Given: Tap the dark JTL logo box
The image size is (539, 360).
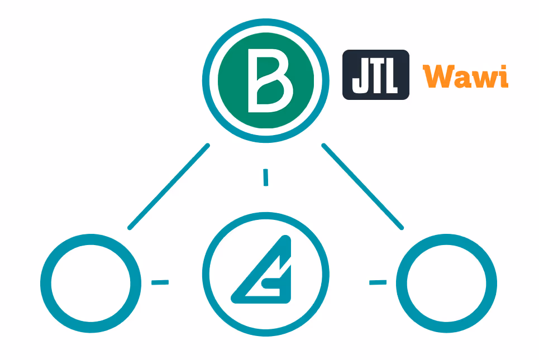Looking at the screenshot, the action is (x=375, y=75).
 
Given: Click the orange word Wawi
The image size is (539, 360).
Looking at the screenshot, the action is (x=465, y=76).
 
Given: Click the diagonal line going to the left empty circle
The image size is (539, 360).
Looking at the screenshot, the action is (x=169, y=186).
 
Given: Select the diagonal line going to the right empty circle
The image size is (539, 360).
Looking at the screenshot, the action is (x=362, y=186).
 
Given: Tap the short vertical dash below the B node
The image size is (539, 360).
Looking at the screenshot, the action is (x=266, y=177).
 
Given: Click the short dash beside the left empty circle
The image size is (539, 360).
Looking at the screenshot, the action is (x=160, y=282).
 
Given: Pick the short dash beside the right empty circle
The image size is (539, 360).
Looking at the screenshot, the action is (x=378, y=282).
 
